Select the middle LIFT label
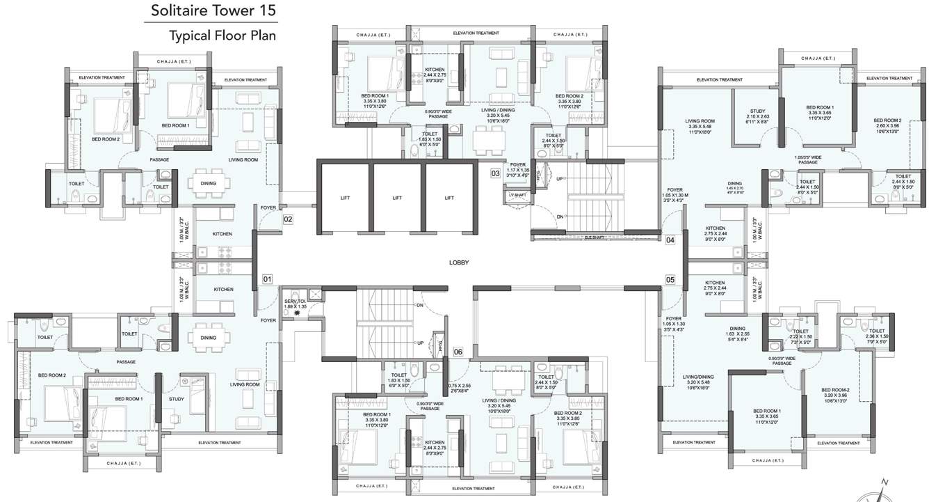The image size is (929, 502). (397, 198)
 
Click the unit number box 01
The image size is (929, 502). (267, 279)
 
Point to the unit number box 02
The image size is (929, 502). (288, 219)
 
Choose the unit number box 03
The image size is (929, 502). (496, 173)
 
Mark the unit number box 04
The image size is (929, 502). (670, 240)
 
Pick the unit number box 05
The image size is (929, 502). (670, 280)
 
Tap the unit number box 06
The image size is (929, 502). (458, 352)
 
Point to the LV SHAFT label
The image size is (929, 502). (515, 195)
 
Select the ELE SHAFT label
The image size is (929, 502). (593, 236)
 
